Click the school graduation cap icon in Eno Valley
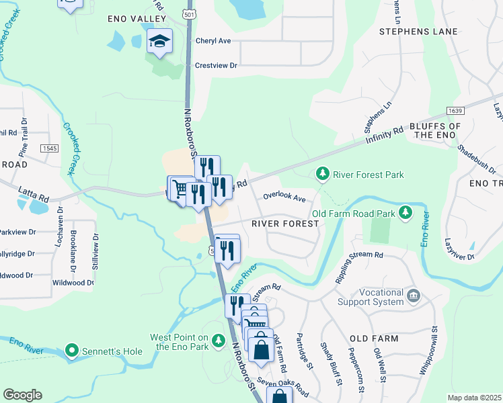pos(160,42)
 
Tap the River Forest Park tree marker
pos(323,175)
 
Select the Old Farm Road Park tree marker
pos(405,214)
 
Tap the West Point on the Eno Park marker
pos(217,342)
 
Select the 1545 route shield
pos(49,148)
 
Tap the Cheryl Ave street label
pos(213,41)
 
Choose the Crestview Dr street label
pos(217,66)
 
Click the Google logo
pos(23,395)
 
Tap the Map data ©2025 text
pos(474,398)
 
